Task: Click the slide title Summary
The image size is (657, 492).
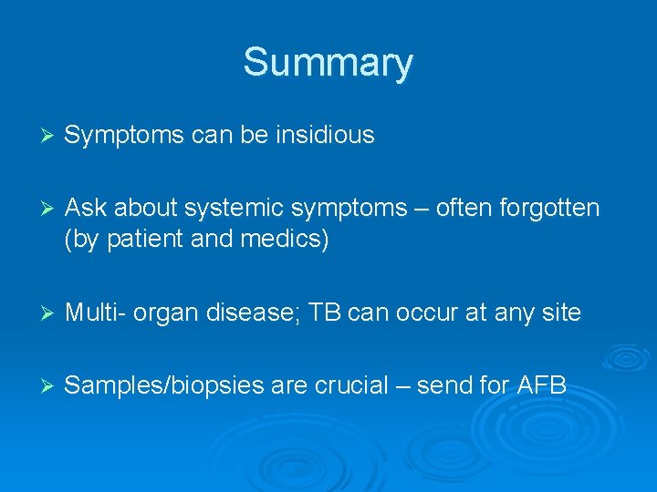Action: click(328, 63)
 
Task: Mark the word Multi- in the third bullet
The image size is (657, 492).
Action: click(96, 313)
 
